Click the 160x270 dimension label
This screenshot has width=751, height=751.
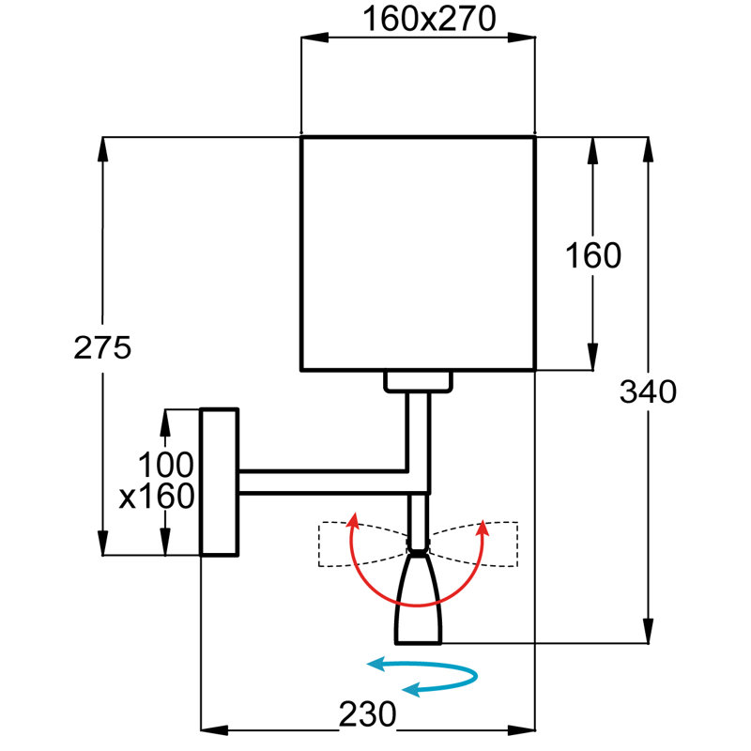click(x=429, y=19)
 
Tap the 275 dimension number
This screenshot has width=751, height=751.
click(x=102, y=347)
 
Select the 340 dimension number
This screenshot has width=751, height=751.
click(x=648, y=391)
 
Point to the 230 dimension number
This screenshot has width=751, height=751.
click(x=368, y=714)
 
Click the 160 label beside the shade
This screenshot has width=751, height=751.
click(x=593, y=255)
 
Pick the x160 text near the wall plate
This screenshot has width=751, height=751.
click(x=157, y=497)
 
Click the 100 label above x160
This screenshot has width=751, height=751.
click(x=166, y=465)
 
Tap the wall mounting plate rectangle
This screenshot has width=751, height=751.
click(x=220, y=483)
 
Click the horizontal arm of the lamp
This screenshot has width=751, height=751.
click(x=323, y=482)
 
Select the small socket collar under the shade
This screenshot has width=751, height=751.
click(x=418, y=382)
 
